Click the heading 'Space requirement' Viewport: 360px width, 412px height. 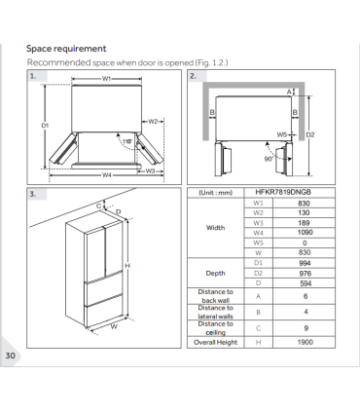pos(66,48)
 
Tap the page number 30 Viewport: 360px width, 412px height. pos(11,356)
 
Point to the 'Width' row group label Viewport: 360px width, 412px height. pos(215,228)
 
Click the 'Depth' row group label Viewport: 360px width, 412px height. pos(215,274)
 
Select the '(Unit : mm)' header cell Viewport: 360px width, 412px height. pos(215,194)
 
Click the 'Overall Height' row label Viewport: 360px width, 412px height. pos(215,342)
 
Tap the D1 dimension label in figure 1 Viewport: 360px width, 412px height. pos(45,125)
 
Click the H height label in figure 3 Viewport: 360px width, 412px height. pos(127,265)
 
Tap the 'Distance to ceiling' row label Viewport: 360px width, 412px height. pos(215,327)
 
